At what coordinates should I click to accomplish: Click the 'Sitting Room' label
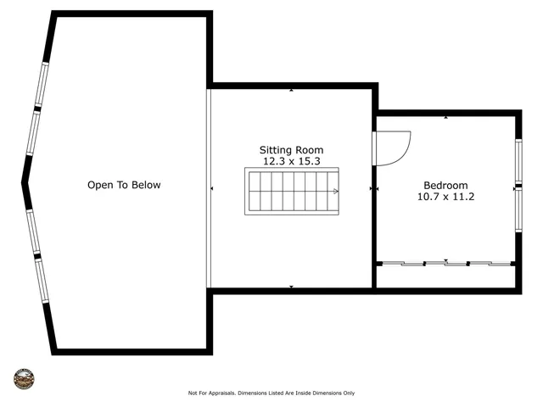pyautogui.click(x=291, y=150)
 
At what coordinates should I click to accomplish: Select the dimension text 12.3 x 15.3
pyautogui.click(x=291, y=161)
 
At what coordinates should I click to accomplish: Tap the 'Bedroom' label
pyautogui.click(x=445, y=186)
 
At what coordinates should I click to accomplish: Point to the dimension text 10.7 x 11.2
pyautogui.click(x=445, y=197)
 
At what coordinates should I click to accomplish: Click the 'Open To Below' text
pyautogui.click(x=124, y=185)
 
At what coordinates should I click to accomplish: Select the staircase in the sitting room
pyautogui.click(x=291, y=192)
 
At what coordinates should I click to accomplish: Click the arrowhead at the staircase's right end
pyautogui.click(x=336, y=192)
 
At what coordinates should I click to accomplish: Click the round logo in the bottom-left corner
pyautogui.click(x=24, y=378)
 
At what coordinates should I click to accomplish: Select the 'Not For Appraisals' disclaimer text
pyautogui.click(x=271, y=393)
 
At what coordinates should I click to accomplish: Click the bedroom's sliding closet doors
pyautogui.click(x=445, y=264)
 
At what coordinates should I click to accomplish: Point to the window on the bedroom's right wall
pyautogui.click(x=518, y=186)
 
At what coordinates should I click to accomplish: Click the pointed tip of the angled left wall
pyautogui.click(x=25, y=181)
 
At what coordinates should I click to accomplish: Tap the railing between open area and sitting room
pyautogui.click(x=209, y=188)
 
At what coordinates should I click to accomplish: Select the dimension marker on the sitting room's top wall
pyautogui.click(x=291, y=89)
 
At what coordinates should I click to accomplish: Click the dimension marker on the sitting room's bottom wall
pyautogui.click(x=291, y=287)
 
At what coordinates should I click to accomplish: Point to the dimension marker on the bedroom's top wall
pyautogui.click(x=445, y=117)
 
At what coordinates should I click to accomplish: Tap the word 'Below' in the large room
pyautogui.click(x=144, y=185)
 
